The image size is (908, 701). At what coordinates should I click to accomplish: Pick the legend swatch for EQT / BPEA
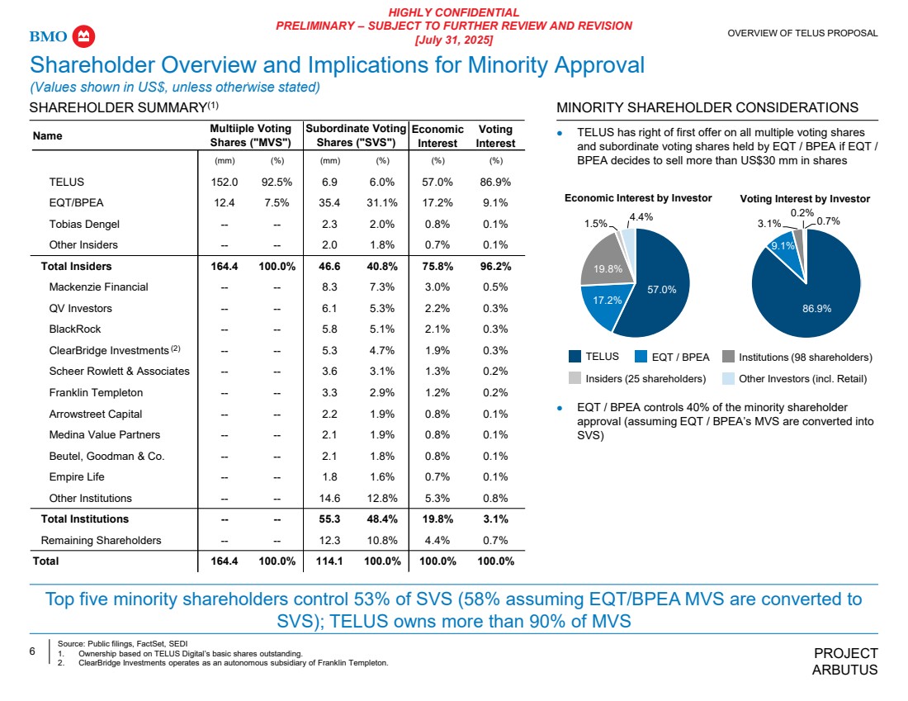pos(642,358)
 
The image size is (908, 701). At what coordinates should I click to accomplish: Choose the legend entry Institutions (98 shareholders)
pos(804,358)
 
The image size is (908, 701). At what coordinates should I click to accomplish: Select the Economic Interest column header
pos(437,136)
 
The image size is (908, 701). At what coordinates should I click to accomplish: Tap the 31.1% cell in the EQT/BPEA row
pos(383,203)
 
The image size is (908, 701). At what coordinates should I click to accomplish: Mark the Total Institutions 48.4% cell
pos(383,519)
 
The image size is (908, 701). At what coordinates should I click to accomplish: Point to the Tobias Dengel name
pos(83,224)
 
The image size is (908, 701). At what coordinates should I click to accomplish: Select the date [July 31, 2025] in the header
pos(453,40)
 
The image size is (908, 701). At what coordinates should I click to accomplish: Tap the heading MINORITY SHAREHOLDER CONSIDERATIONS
pos(707,107)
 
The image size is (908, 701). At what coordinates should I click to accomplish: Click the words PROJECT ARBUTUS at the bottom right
pos(845,661)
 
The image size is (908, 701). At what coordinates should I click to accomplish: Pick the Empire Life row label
pos(76,477)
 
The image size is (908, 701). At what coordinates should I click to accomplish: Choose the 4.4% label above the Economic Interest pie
pos(642,217)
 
